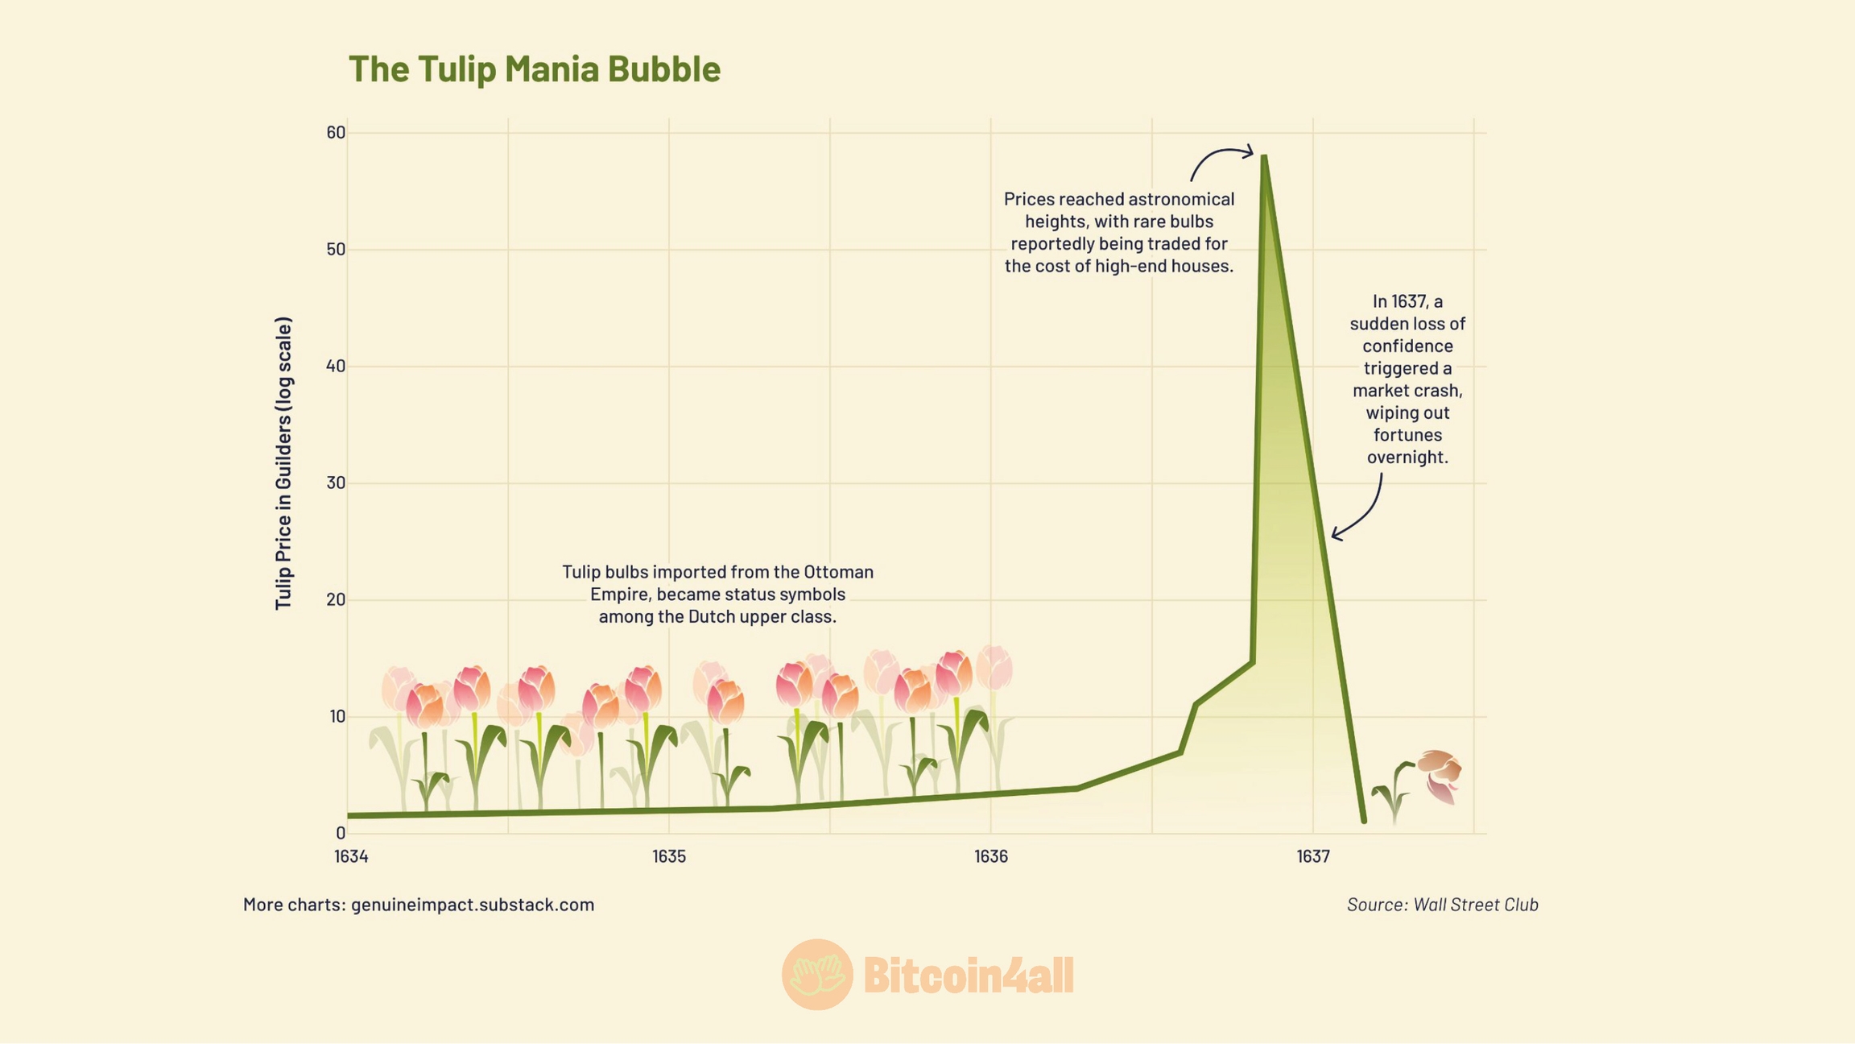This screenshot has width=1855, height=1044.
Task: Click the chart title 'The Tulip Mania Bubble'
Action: pos(534,68)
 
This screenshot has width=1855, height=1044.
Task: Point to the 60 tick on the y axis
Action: pos(336,132)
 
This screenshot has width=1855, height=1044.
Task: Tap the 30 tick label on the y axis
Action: pos(336,483)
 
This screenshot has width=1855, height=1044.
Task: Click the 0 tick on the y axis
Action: pos(341,833)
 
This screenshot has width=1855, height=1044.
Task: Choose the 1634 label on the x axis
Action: pos(351,856)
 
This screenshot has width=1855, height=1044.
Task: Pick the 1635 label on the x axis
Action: pos(669,856)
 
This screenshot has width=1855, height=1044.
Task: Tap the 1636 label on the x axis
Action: pos(990,856)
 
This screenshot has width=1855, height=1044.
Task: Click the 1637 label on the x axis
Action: pos(1312,856)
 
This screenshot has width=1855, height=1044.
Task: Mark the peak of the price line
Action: pos(1264,157)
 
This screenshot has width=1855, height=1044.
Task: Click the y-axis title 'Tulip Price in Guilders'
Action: pos(283,463)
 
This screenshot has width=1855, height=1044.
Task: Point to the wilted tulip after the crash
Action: pos(1439,775)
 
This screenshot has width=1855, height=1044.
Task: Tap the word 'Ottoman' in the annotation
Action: pos(838,572)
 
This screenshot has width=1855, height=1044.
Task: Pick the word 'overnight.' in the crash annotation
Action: pos(1407,458)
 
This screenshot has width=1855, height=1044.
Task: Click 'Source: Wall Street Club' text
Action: pos(1442,905)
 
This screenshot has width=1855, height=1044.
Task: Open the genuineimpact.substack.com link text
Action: pos(473,905)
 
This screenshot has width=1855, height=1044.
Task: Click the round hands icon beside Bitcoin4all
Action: pos(816,975)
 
